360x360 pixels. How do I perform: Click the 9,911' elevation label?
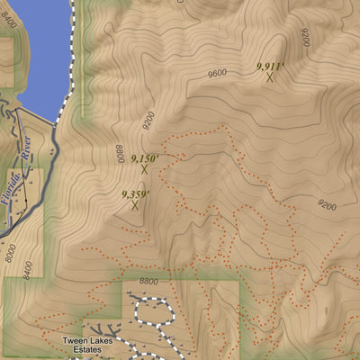pos(269,66)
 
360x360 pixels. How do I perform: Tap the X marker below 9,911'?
pos(269,77)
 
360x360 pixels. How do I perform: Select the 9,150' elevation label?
pos(144,158)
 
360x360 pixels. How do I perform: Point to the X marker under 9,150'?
pos(144,169)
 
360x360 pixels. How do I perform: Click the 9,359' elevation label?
pos(135,193)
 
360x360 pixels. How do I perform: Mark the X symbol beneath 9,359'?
pos(135,205)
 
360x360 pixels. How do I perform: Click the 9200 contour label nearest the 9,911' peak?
pos(306,38)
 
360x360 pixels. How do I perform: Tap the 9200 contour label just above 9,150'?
pos(148,121)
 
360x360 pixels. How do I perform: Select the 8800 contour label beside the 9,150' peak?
pos(118,154)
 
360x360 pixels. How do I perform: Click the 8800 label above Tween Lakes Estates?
pos(149,281)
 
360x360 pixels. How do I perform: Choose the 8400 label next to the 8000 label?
pos(28,268)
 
